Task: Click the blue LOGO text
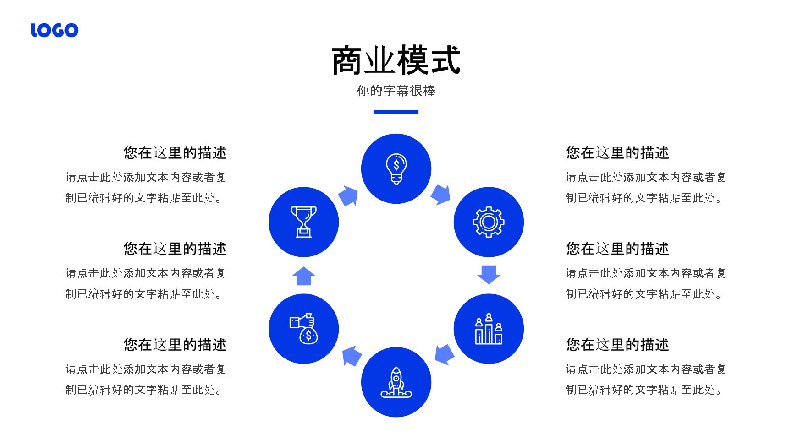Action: (55, 30)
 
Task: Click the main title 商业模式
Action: (396, 60)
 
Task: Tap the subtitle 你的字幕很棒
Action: (396, 91)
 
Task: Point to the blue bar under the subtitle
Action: (396, 112)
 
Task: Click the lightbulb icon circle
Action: (396, 169)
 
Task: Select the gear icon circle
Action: (489, 222)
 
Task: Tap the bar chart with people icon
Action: (489, 329)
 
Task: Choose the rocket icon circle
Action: (396, 382)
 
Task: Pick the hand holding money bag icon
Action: (304, 329)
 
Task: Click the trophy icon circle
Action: (304, 222)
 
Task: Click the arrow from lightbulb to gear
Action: (441, 195)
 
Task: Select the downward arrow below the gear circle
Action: (489, 274)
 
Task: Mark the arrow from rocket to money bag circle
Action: (352, 356)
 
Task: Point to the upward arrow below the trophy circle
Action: (304, 276)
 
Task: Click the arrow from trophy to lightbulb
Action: (348, 195)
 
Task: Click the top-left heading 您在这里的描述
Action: (175, 153)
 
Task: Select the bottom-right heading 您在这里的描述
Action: (617, 345)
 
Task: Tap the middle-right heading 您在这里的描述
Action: (617, 249)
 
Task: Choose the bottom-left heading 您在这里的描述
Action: (175, 345)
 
